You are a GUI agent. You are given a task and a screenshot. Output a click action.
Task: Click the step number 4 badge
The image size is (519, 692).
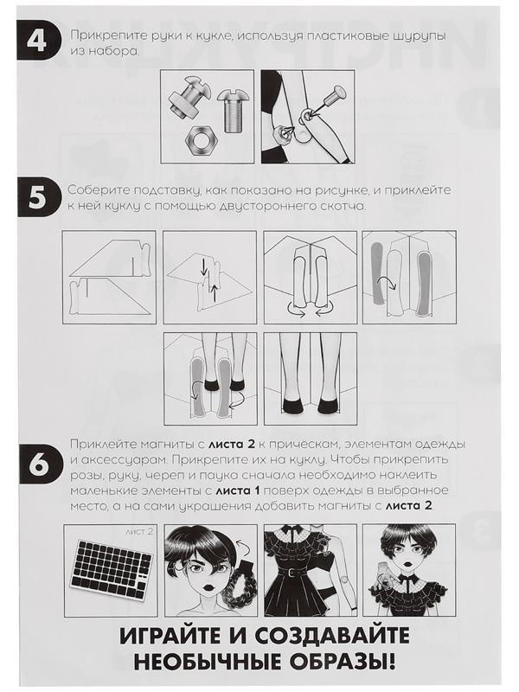(37, 41)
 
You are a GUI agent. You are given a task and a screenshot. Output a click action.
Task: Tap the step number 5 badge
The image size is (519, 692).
(37, 198)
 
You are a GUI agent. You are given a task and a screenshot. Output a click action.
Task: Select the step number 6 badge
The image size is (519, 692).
(37, 465)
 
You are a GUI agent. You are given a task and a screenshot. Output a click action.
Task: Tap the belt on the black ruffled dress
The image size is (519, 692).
(290, 573)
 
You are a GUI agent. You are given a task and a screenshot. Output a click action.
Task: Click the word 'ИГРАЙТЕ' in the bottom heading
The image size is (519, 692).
(170, 637)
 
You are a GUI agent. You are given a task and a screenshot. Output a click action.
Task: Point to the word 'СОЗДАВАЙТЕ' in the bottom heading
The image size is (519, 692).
(332, 637)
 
